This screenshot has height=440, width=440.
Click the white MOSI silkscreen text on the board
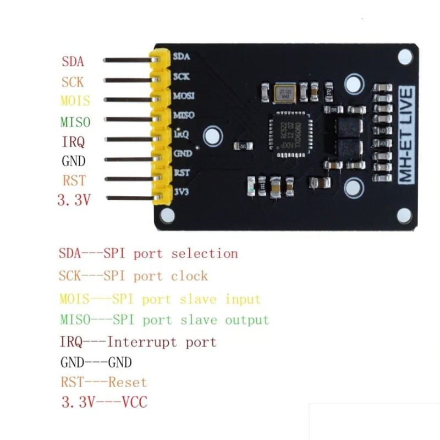click(x=183, y=96)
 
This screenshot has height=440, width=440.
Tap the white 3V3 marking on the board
click(x=182, y=192)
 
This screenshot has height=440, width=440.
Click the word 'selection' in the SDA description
click(x=204, y=254)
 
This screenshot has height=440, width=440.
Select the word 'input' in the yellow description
click(x=243, y=300)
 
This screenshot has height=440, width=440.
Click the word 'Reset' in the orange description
click(x=128, y=382)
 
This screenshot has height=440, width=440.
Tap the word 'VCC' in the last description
click(x=134, y=403)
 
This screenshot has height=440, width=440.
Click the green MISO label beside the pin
click(x=75, y=122)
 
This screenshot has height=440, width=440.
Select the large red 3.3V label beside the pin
click(x=74, y=200)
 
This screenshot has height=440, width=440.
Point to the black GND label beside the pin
click(x=73, y=161)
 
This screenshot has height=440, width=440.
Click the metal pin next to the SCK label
click(x=127, y=80)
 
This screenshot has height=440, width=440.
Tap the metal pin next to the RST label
click(x=127, y=178)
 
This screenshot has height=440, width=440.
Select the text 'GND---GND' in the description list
click(x=96, y=362)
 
